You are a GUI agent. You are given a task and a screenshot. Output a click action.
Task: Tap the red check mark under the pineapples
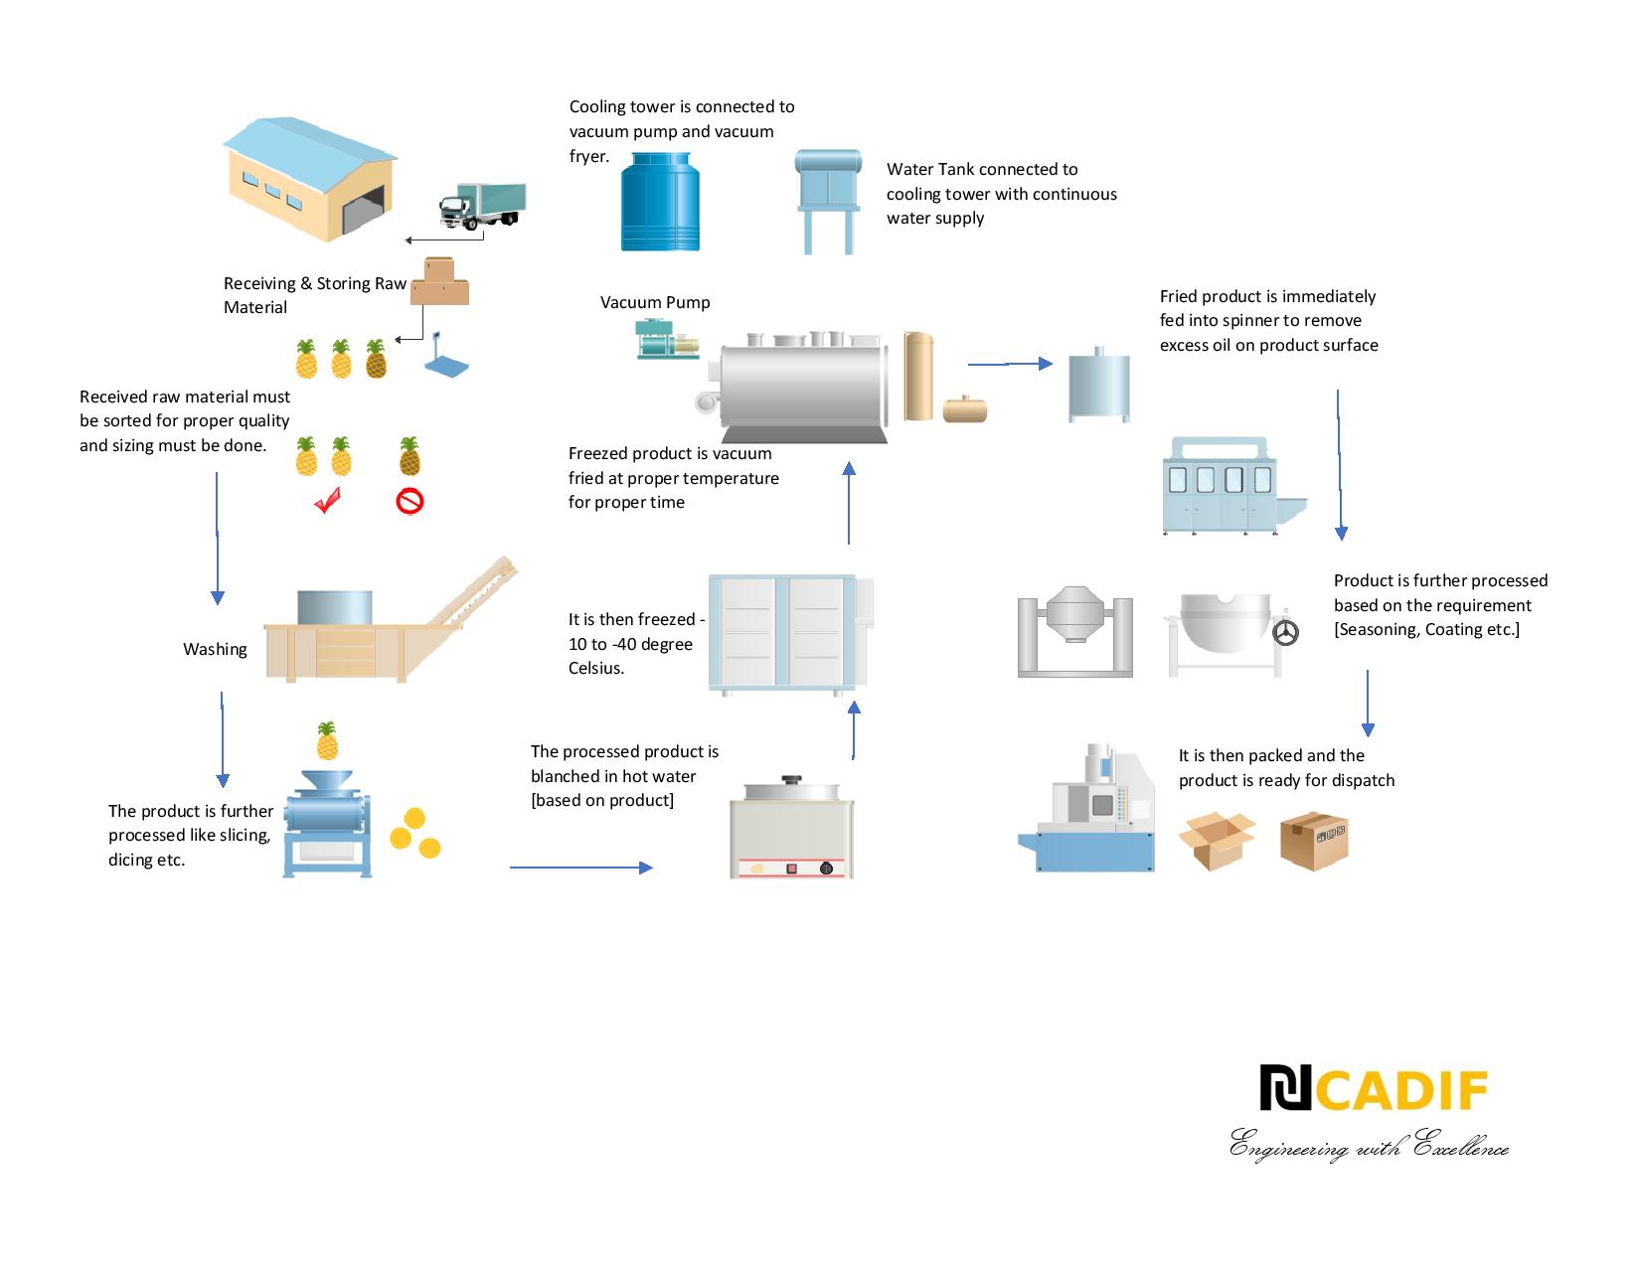pos(327,501)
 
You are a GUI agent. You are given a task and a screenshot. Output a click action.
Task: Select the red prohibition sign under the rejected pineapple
pos(410,502)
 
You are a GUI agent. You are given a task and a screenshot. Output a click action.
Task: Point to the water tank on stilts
pos(828,199)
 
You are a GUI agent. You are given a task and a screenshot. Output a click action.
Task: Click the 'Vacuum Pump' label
pos(655,302)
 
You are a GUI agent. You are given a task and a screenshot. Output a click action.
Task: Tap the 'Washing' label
pos(215,649)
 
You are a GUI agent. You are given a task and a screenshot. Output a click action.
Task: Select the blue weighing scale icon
pos(446,357)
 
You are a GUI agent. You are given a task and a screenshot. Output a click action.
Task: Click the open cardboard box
pos(1217,840)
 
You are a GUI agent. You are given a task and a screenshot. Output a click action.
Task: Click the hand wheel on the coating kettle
pos(1286,632)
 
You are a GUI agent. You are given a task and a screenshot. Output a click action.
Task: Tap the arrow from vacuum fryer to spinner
pos(1009,364)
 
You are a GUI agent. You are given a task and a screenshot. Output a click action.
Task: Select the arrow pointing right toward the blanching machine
pos(580,868)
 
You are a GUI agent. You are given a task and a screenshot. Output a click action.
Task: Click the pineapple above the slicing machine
pos(327,741)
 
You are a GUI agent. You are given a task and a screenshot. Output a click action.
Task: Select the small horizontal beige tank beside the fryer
pos(964,408)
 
